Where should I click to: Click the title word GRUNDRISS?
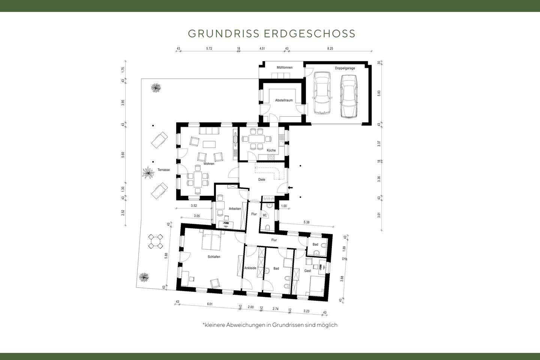[x=223, y=33]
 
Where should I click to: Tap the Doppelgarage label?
[x=345, y=68]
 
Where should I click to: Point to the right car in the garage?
[x=348, y=96]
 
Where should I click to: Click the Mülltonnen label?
[x=284, y=67]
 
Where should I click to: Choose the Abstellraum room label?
[x=283, y=100]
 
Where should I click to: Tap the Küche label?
[x=271, y=150]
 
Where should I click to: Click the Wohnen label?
[x=209, y=164]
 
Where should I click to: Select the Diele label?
[x=262, y=180]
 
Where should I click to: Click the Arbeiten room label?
[x=234, y=208]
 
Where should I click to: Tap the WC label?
[x=264, y=215]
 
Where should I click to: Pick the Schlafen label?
[x=214, y=257]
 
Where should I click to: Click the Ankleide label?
[x=250, y=268]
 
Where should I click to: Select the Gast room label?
[x=307, y=271]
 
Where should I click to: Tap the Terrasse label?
[x=163, y=170]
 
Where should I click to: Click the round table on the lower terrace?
[x=156, y=241]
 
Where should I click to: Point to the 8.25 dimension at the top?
[x=330, y=49]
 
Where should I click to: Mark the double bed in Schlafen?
[x=212, y=241]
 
